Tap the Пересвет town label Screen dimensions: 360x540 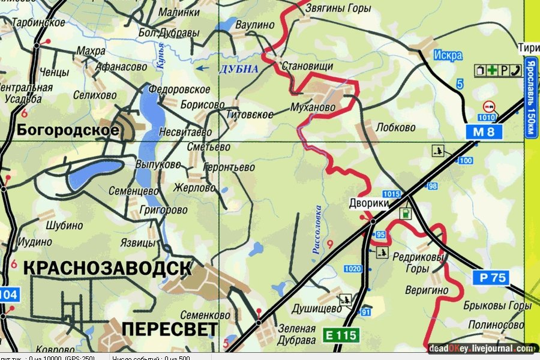coord(169,329)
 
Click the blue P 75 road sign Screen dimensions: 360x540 coord(493,277)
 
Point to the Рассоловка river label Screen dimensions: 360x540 coord(317,230)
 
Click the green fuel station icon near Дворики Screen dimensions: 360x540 coord(406,213)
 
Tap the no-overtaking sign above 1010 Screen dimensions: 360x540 coord(488,106)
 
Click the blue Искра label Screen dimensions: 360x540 coord(447,55)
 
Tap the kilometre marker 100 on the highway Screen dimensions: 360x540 coord(465,160)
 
